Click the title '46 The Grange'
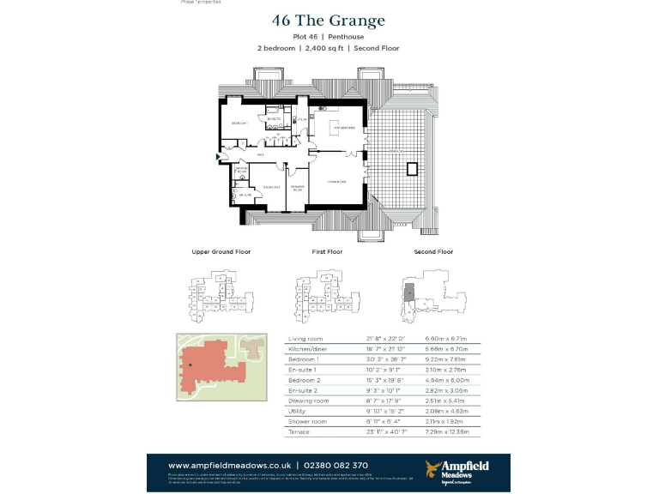click(328, 21)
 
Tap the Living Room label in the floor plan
click(336, 181)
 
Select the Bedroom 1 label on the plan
click(239, 124)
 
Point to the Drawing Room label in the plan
click(297, 188)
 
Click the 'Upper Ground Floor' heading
click(221, 252)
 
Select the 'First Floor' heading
click(327, 252)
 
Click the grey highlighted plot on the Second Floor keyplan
click(409, 292)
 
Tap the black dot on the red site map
click(190, 364)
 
